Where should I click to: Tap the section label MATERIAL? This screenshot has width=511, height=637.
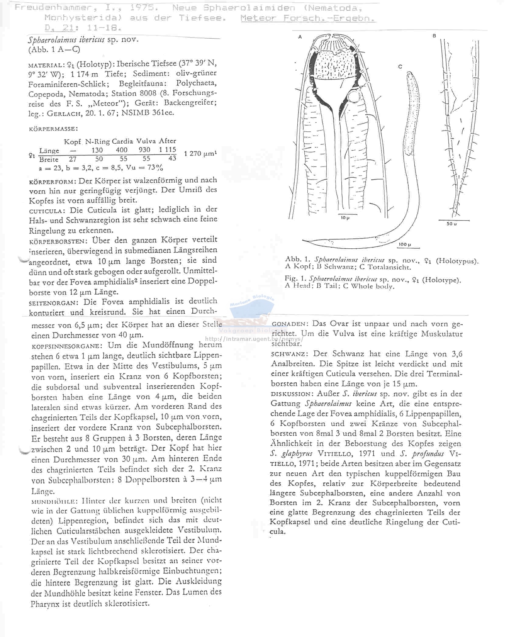coord(46,65)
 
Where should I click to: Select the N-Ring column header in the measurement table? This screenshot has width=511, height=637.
coord(98,141)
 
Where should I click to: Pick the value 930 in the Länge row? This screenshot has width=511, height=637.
coord(144,150)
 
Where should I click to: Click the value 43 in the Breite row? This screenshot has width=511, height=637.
coord(172,158)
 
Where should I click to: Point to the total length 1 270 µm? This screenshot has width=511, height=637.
coord(201,153)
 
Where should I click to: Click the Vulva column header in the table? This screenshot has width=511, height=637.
coord(146,141)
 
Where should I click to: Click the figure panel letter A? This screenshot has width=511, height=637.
coord(300,37)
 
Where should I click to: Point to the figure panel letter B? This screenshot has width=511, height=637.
coord(434,36)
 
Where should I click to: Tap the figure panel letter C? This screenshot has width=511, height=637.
coord(400,67)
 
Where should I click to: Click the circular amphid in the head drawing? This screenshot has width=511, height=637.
coord(354,97)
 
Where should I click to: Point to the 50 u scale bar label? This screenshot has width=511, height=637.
coord(451,224)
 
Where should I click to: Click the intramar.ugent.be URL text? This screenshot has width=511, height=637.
coord(254,339)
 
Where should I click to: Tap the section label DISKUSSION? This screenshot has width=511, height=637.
coord(292,394)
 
